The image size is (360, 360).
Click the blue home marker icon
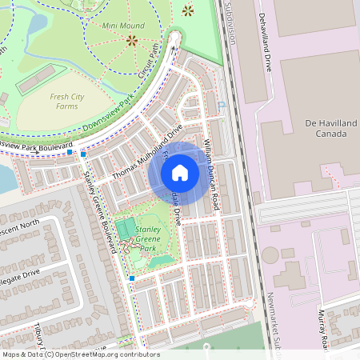click(x=180, y=173)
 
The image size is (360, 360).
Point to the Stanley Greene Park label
click(x=149, y=238)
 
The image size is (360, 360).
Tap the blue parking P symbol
click(x=222, y=104)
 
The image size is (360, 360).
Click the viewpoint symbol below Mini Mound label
click(x=131, y=38)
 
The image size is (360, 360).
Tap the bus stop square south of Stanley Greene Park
click(x=131, y=278)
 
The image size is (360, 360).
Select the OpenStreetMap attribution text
click(x=81, y=354)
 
